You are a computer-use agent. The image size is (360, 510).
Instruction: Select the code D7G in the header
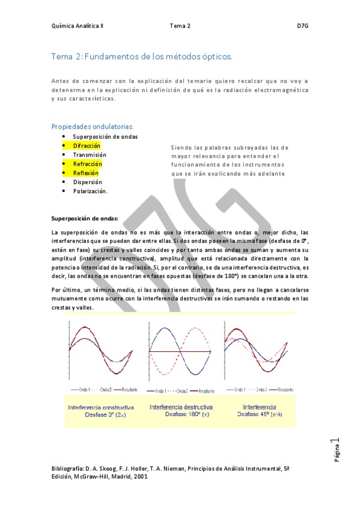pyautogui.click(x=303, y=26)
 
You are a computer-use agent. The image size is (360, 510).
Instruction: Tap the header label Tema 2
pyautogui.click(x=180, y=26)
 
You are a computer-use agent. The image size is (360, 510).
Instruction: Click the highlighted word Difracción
pyautogui.click(x=87, y=146)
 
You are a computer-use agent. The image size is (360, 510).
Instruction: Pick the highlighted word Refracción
pyautogui.click(x=87, y=164)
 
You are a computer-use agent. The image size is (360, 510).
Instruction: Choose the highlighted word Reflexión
pyautogui.click(x=85, y=173)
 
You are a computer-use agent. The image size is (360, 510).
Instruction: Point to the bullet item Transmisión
pyautogui.click(x=90, y=155)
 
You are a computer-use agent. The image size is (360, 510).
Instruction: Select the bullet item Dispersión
pyautogui.click(x=87, y=182)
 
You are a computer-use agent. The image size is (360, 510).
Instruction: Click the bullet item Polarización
pyautogui.click(x=90, y=191)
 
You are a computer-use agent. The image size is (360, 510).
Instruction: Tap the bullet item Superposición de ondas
pyautogui.click(x=105, y=137)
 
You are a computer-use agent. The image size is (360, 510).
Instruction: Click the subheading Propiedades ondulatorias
pyautogui.click(x=93, y=126)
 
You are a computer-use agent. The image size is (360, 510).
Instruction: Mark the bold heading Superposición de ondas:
pyautogui.click(x=85, y=218)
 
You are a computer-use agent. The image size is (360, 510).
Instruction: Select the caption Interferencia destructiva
pyautogui.click(x=180, y=407)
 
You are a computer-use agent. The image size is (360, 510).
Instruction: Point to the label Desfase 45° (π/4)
pyautogui.click(x=261, y=414)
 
